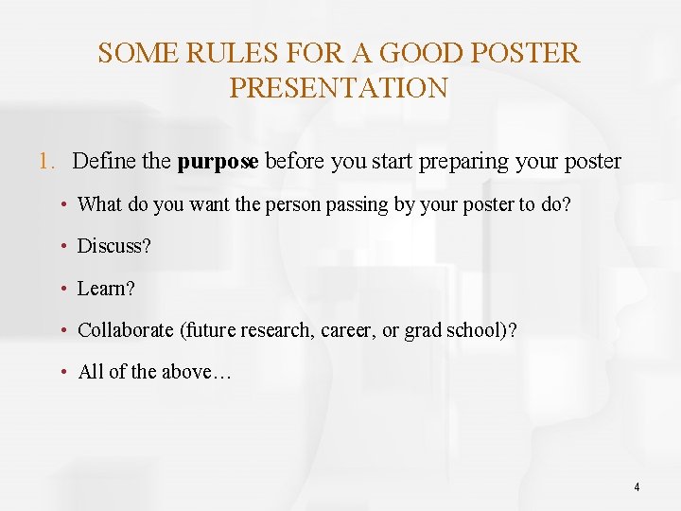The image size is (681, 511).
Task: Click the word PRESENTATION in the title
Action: (x=339, y=88)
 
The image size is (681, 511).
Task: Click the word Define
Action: (x=104, y=161)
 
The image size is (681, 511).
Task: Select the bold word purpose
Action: (x=218, y=162)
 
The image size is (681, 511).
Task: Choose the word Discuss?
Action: (x=113, y=246)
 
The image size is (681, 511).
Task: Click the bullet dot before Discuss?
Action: (x=62, y=246)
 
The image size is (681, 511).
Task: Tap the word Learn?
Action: (x=106, y=288)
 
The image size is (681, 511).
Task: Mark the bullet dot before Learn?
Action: (x=62, y=288)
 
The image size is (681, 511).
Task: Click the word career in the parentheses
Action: (x=348, y=330)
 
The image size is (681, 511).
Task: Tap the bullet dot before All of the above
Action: (x=62, y=371)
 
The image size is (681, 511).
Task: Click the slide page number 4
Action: (x=637, y=487)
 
